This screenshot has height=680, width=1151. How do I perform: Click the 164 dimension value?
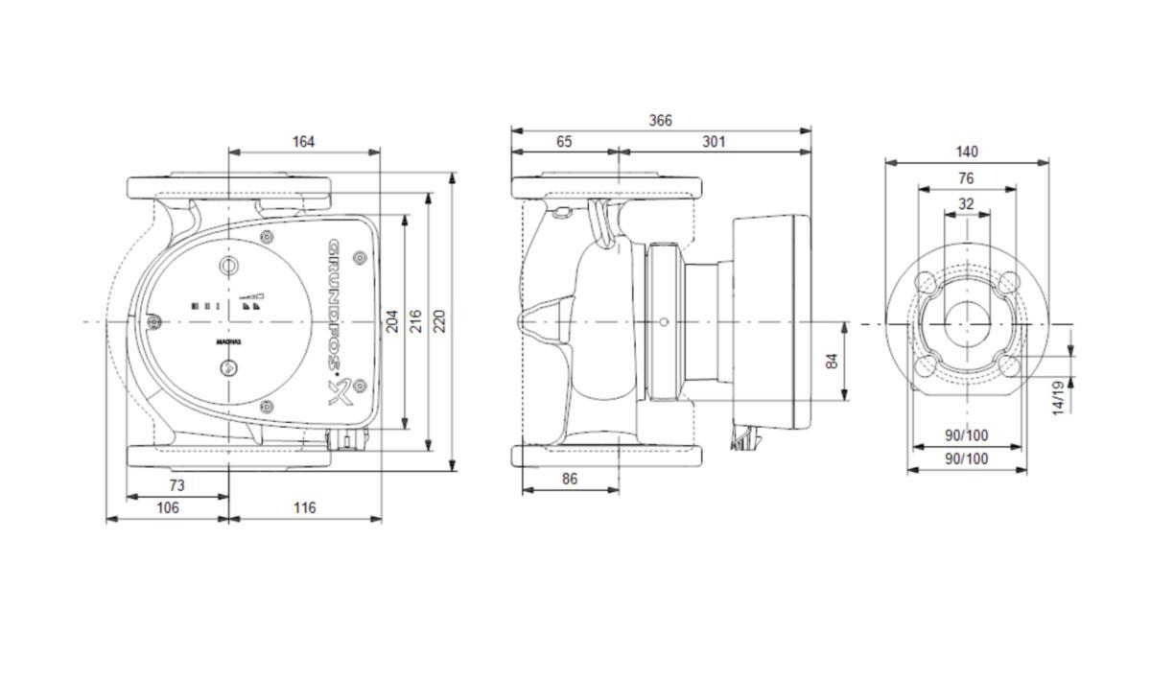(x=303, y=142)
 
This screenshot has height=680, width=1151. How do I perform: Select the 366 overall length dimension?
(x=660, y=121)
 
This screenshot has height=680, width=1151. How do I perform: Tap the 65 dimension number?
(x=564, y=142)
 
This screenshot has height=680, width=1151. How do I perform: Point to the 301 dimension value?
(x=714, y=142)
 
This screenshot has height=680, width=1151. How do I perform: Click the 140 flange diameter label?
(x=966, y=152)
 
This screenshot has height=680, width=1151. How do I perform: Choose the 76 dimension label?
(x=966, y=178)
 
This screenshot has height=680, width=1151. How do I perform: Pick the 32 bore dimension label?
(x=966, y=204)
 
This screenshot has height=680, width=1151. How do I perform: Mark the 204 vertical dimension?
(x=392, y=321)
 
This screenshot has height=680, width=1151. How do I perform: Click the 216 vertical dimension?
(x=415, y=321)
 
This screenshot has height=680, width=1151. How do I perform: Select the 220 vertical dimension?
(x=439, y=321)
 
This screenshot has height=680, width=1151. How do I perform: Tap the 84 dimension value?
(x=833, y=362)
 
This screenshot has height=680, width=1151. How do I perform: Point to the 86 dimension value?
(x=570, y=479)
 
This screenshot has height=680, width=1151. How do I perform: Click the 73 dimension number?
(x=176, y=486)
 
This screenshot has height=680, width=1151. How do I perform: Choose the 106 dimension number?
(x=168, y=508)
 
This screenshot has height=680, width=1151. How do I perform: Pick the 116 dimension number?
(x=304, y=508)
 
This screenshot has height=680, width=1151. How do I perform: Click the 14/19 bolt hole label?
(x=1058, y=397)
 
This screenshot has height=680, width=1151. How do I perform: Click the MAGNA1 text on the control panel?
(x=228, y=341)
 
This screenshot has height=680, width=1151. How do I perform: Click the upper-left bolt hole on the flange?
(x=925, y=282)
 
